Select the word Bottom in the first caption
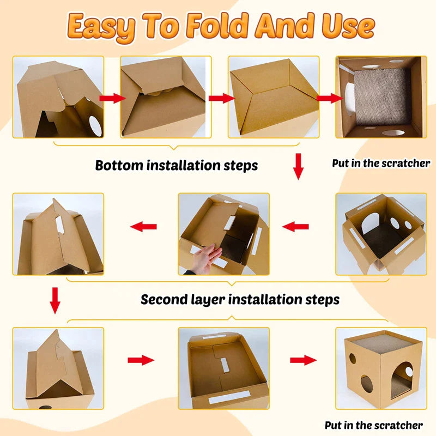click(119, 165)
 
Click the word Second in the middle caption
click(164, 299)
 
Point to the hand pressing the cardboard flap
click(206, 258)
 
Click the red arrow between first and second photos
click(112, 98)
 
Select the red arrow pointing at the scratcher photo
click(330, 98)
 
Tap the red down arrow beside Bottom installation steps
click(298, 166)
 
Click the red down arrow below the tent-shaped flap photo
click(55, 301)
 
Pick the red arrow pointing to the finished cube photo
click(304, 360)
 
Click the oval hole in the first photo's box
click(95, 126)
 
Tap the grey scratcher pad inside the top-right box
click(383, 98)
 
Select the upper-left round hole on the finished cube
click(353, 359)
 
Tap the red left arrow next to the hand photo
click(295, 227)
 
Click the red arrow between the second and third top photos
click(222, 98)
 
